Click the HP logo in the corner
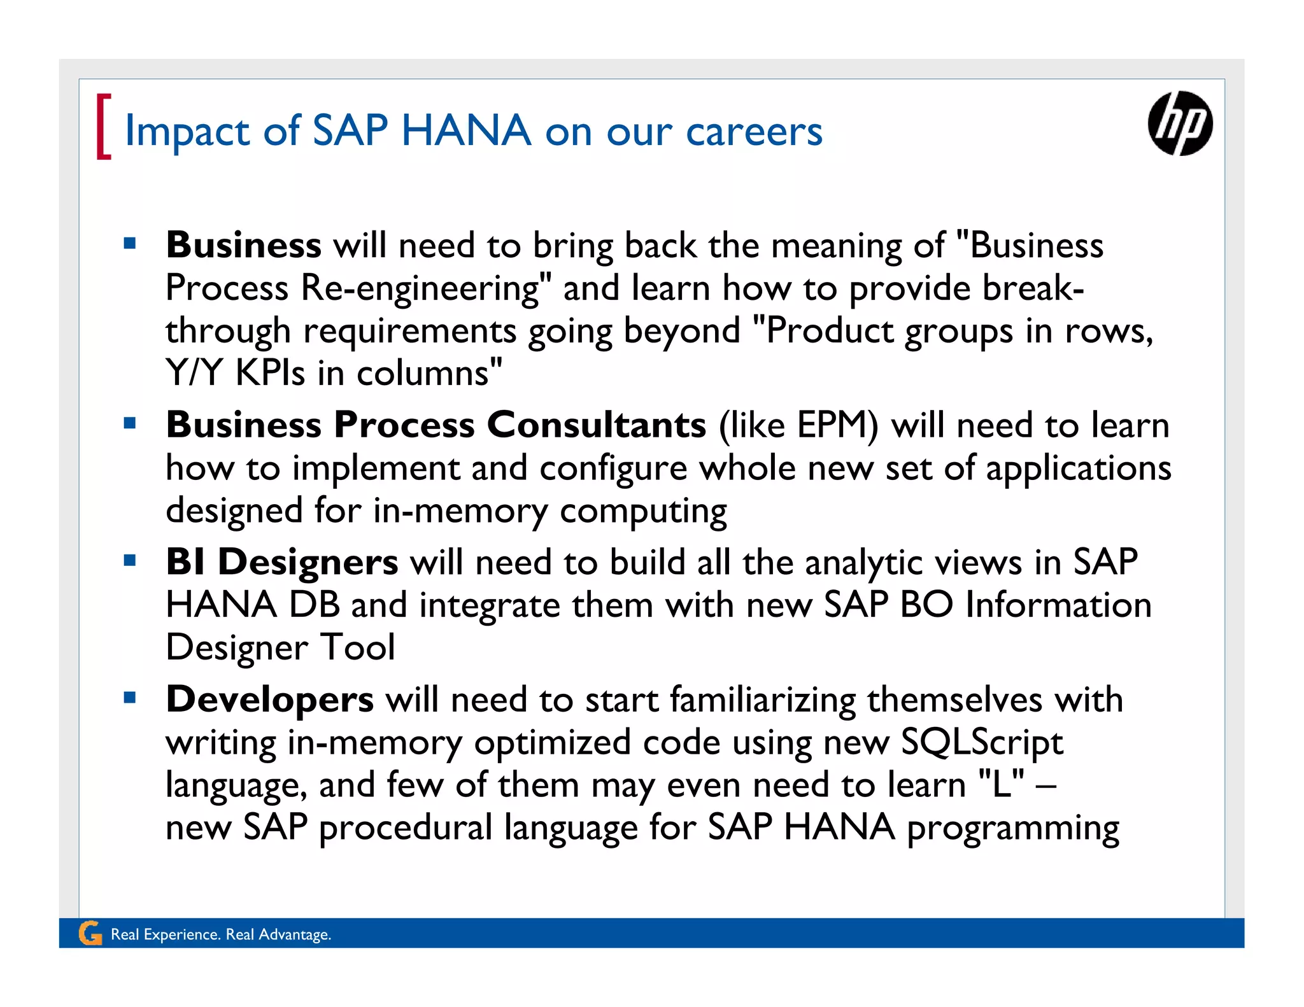point(1180,123)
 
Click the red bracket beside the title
point(103,126)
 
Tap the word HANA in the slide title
point(466,130)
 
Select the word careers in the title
point(754,132)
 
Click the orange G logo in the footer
point(90,933)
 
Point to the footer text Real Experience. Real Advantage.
point(221,934)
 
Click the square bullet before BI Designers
point(131,561)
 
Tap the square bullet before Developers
point(131,698)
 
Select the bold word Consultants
point(597,425)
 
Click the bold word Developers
point(269,700)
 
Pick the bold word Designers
point(308,563)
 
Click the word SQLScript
point(982,743)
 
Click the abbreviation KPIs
point(270,373)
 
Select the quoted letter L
point(1002,785)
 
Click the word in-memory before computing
point(460,511)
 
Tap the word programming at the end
point(1012,829)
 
